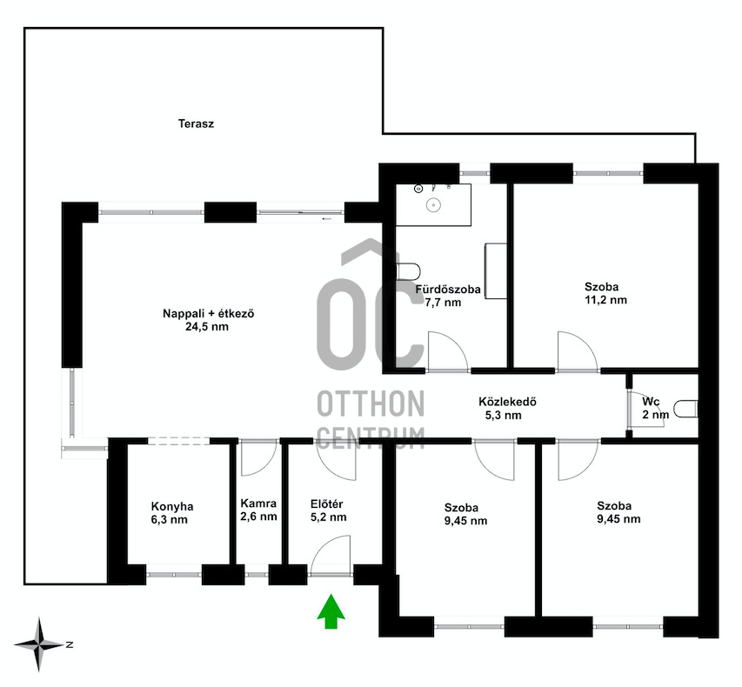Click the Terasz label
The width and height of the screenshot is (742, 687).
196,124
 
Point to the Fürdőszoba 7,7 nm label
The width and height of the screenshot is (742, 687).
448,296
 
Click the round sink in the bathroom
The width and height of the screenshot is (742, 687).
432,205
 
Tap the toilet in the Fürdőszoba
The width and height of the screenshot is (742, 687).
408,271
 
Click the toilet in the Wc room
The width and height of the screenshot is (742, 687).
685,410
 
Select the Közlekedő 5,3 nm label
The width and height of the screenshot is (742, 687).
507,409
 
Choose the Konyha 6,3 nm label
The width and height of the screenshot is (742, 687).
171,513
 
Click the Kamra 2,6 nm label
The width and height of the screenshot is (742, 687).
258,510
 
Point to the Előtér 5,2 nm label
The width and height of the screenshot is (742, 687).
327,510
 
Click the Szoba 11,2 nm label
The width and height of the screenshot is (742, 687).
605,293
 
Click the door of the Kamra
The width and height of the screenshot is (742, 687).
258,458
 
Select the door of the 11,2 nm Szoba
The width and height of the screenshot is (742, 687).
578,351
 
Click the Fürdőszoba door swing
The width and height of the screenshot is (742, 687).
448,351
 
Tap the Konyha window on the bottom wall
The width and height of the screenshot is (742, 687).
174,575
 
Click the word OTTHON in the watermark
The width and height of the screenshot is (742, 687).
371,404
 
